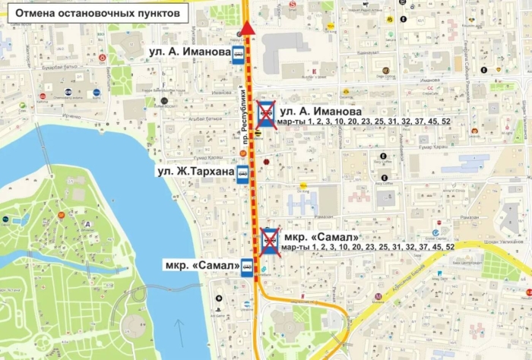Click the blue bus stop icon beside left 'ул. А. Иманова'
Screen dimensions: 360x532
(x=239, y=53)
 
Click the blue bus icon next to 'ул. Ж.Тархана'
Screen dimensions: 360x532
(x=242, y=173)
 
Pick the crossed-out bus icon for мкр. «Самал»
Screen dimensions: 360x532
(x=269, y=240)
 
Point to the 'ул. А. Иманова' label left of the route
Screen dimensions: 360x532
(x=189, y=53)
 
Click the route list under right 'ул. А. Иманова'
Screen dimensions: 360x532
(x=365, y=122)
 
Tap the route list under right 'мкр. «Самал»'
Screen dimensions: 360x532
(x=368, y=247)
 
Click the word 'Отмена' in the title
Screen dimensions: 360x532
(x=30, y=14)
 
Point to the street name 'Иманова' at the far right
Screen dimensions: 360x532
(x=429, y=80)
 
